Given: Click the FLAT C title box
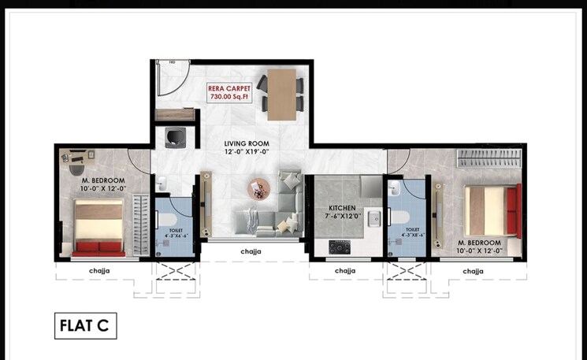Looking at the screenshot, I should coord(85,324).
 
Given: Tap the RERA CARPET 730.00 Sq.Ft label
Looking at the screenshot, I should coord(229,94).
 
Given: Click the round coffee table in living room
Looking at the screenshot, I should coord(258,190).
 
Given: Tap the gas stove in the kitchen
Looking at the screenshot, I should coord(340,247).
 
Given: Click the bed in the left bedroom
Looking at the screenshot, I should coord(98,227).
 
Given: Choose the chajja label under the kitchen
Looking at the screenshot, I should coord(344,270).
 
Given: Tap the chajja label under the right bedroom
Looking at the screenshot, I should coord(473,270).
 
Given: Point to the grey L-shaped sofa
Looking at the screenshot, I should coord(276,209).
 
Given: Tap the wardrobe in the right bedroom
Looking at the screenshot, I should coord(490,157).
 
